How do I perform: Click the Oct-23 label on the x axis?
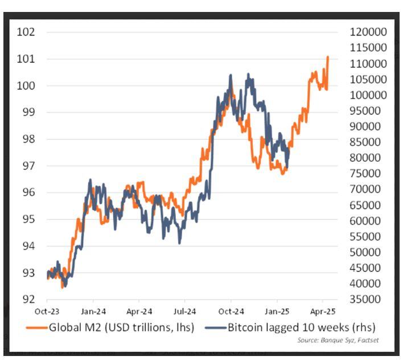(x=47, y=311)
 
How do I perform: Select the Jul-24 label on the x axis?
(x=184, y=311)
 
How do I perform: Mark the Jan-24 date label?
(x=93, y=311)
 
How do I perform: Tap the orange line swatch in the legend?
(x=36, y=328)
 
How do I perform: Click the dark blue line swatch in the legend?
(x=215, y=328)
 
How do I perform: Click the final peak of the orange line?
(x=327, y=57)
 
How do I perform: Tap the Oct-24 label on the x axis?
(x=231, y=311)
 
